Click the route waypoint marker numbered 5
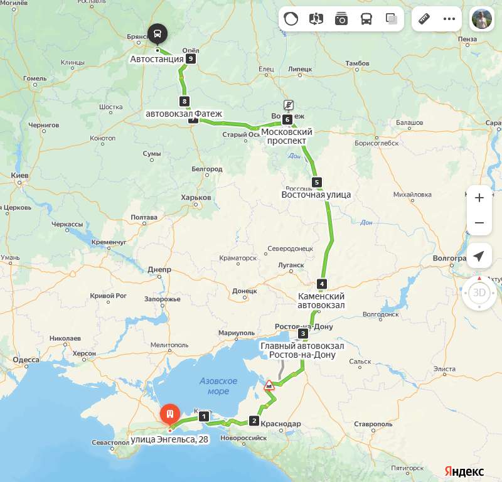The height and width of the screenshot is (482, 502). [317, 183]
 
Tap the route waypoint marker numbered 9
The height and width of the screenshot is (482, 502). [191, 59]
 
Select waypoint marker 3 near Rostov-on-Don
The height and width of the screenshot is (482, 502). [303, 333]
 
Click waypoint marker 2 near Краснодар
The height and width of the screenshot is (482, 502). [254, 420]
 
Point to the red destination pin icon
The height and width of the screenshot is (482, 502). [169, 414]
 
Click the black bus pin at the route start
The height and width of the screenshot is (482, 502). [157, 34]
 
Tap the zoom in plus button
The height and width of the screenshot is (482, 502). [479, 198]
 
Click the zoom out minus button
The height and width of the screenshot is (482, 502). [479, 223]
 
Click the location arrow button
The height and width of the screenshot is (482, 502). [479, 256]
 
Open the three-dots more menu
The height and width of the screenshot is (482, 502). [449, 19]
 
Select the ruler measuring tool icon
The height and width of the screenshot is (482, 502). [424, 19]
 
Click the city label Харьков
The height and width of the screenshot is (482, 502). [196, 198]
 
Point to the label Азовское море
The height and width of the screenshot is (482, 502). [218, 386]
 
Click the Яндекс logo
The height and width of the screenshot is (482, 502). [464, 471]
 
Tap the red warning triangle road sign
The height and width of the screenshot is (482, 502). [269, 385]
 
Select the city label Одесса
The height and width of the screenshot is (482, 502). [26, 360]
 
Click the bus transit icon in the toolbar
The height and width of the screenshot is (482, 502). [366, 19]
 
